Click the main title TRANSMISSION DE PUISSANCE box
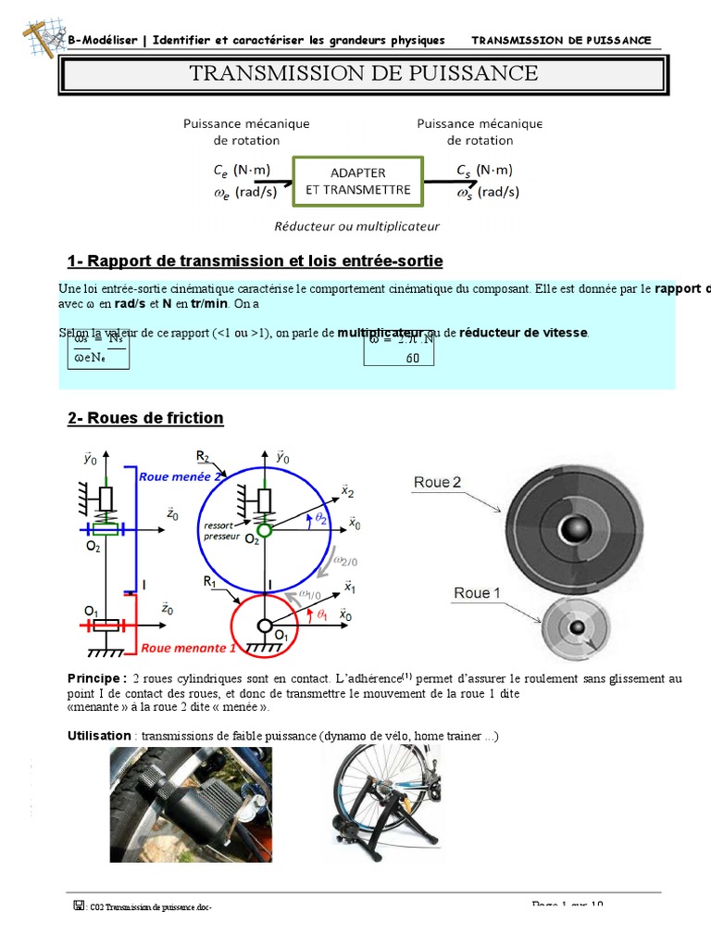[x=363, y=73]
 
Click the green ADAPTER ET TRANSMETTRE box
[x=358, y=181]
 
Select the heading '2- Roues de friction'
[x=145, y=418]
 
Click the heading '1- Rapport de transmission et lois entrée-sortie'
[x=256, y=260]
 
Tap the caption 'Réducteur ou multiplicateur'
[x=356, y=225]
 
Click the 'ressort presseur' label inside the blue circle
[x=222, y=531]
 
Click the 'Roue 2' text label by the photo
[x=437, y=482]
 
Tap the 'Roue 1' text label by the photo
[x=477, y=593]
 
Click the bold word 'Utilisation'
[x=100, y=735]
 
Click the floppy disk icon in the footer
[x=79, y=905]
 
